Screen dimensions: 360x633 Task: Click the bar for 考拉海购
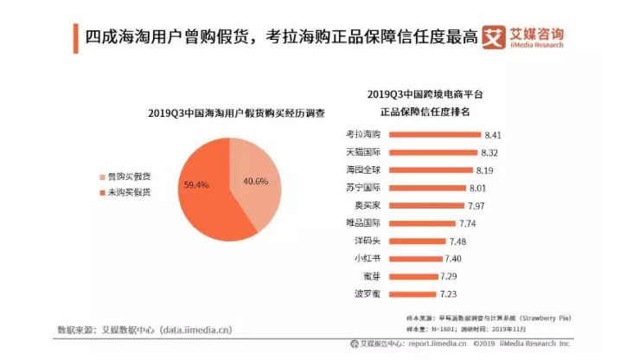click(434, 135)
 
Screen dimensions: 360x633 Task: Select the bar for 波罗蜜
click(415, 294)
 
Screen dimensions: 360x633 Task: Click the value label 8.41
click(493, 135)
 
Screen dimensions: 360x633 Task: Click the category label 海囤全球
click(362, 170)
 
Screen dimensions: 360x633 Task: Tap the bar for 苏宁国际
click(429, 188)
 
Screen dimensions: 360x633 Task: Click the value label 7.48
click(462, 241)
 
